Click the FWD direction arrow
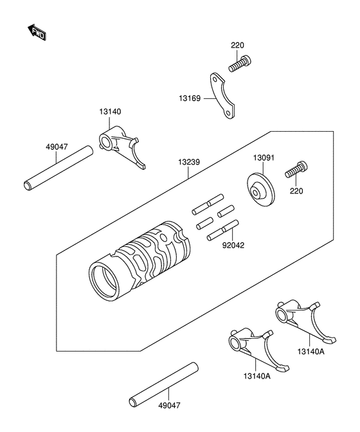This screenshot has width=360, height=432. pos(37,32)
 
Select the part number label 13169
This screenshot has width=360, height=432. pos(190,98)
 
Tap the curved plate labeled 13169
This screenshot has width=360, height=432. pos(222,96)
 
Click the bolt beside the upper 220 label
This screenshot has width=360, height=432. pos(240,64)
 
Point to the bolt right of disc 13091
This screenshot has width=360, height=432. pos(296,170)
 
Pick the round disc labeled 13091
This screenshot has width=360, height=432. pos(261,190)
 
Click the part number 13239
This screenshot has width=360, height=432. pos(188,162)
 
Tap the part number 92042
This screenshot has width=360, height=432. pos(233,245)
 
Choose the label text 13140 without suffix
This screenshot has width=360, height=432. pos(110,112)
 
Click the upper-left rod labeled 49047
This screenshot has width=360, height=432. pos(57,168)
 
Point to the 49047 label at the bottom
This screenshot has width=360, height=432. pos(170,406)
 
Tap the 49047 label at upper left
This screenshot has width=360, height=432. pos(57,147)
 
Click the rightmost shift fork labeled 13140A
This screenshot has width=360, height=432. pos(306,322)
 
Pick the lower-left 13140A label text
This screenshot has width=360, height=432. pos(257,376)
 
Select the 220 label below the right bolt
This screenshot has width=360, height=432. pos(296,191)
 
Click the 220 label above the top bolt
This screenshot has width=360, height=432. pos(237,46)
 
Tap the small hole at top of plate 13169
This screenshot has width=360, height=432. pos(215,80)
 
